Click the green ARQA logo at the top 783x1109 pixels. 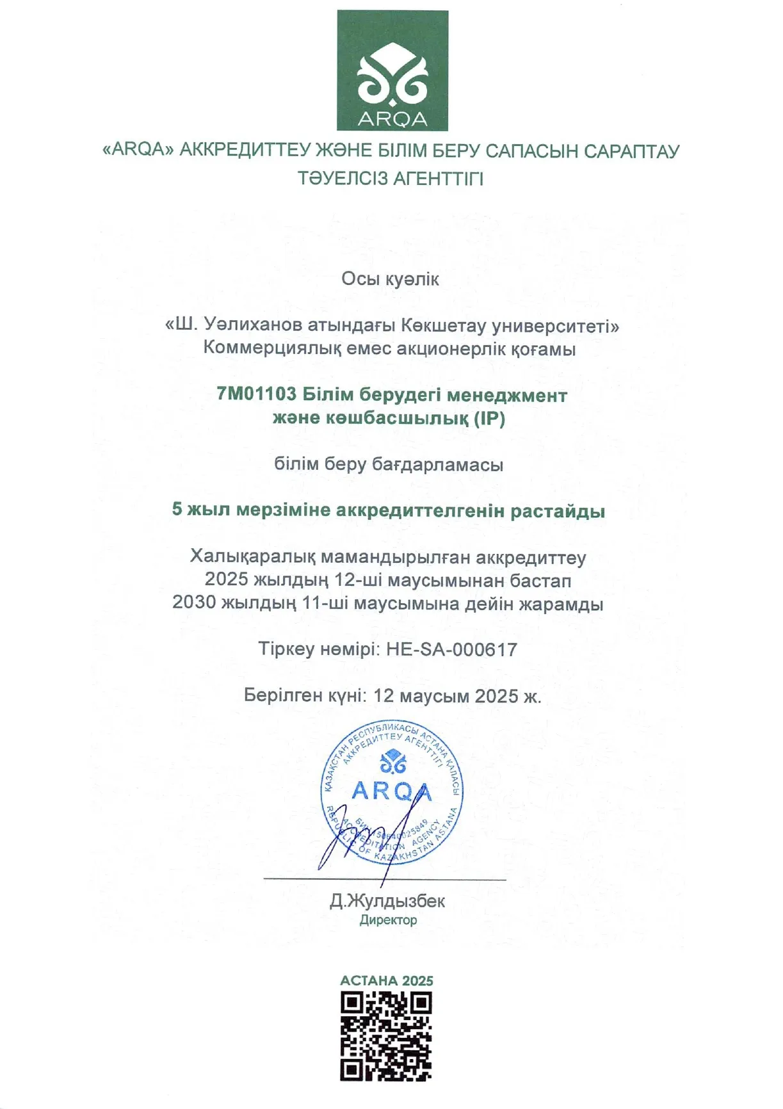coord(392,70)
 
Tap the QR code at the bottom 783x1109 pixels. coord(386,1037)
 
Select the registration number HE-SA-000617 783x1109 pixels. coord(451,650)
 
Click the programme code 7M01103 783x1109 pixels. coord(256,394)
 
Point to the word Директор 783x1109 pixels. coord(388,920)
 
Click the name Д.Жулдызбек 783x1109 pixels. coord(387,901)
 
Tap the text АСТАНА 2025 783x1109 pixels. coord(387,980)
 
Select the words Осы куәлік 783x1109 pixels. coord(390,279)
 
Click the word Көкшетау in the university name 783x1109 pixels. coord(442,325)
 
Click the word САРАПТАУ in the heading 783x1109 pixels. coord(631,151)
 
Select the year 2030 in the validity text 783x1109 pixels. coord(194,603)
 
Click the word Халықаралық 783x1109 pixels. coord(252,557)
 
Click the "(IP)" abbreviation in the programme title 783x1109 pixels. coord(489,418)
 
